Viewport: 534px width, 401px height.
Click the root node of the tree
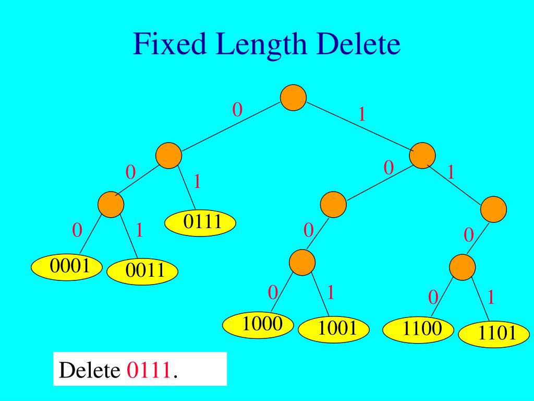point(293,98)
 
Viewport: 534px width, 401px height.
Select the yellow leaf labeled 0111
point(201,223)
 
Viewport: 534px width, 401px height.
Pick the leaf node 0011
point(142,271)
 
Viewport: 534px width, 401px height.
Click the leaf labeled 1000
point(259,325)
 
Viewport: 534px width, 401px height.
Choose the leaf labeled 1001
point(334,329)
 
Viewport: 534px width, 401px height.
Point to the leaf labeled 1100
point(418,329)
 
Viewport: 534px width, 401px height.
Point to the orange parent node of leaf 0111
point(168,156)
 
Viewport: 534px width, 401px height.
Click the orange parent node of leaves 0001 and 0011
point(111,204)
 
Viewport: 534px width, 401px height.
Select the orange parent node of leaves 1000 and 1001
point(302,262)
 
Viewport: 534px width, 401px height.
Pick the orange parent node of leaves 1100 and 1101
point(462,267)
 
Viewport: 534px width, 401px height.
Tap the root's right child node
point(422,156)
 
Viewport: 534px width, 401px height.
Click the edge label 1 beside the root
point(361,114)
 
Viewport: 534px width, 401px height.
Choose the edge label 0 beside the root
point(237,110)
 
